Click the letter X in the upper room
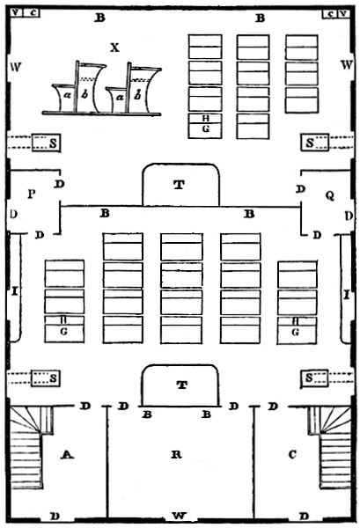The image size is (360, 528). (114, 48)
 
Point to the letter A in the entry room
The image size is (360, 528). (65, 455)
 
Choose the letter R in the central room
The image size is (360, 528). (176, 455)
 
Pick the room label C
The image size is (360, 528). (292, 455)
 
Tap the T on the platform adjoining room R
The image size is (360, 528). (180, 385)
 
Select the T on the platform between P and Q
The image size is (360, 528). (179, 185)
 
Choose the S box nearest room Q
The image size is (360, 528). (312, 143)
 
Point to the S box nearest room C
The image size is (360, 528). (312, 378)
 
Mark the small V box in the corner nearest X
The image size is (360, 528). (18, 13)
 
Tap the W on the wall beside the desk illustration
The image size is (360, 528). (15, 67)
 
